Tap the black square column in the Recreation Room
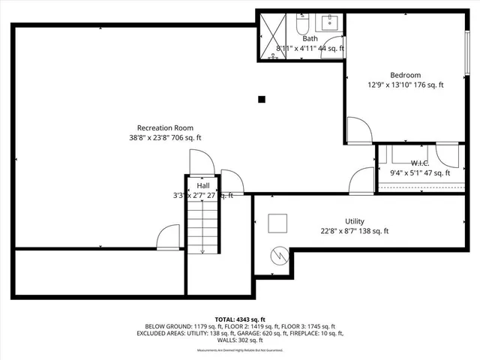(x=261, y=98)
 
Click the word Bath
(x=310, y=38)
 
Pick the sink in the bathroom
(x=331, y=23)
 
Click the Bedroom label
(x=405, y=75)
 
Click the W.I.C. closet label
(x=419, y=163)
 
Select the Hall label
(x=203, y=185)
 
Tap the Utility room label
(x=354, y=221)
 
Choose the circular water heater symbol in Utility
(x=279, y=256)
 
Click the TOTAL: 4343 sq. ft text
(x=240, y=319)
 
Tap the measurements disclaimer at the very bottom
(x=240, y=350)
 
